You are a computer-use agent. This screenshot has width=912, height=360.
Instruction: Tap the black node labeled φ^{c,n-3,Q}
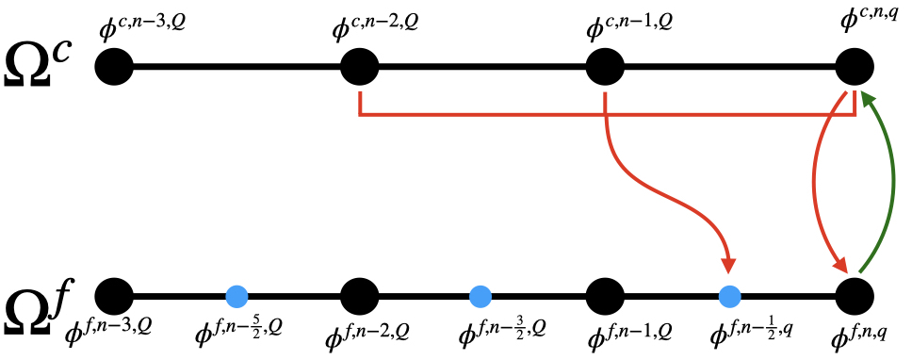(114, 67)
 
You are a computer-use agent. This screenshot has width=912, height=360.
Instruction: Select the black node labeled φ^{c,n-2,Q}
(359, 67)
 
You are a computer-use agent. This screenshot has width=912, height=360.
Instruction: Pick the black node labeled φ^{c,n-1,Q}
(606, 67)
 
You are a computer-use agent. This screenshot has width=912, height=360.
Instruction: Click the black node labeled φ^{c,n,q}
(855, 67)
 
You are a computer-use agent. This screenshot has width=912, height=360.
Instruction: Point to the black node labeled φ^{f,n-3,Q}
(114, 297)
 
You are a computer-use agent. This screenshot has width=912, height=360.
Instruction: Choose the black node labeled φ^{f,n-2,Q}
(359, 297)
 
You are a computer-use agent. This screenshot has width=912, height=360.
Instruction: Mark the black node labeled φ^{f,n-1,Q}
(606, 297)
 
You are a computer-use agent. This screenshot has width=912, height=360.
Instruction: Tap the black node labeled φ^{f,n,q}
(855, 297)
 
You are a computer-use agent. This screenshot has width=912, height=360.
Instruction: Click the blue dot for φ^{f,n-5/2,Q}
(236, 297)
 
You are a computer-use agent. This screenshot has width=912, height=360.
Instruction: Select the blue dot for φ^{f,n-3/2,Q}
(481, 297)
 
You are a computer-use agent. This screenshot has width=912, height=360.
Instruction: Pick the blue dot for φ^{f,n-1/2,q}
(729, 297)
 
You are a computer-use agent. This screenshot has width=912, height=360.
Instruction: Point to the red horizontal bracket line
(603, 116)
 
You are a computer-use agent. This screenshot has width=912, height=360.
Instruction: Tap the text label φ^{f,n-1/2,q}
(754, 333)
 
